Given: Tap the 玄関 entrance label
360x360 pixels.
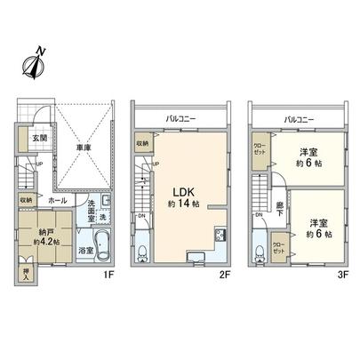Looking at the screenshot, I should pos(28,138).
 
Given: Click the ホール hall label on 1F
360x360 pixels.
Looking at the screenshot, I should pos(55,201).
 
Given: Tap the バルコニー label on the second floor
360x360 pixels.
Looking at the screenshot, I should pos(182,117).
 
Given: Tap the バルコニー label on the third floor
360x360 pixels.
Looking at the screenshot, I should pos(300,117).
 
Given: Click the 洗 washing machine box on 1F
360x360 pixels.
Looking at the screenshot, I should pos(101,218).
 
